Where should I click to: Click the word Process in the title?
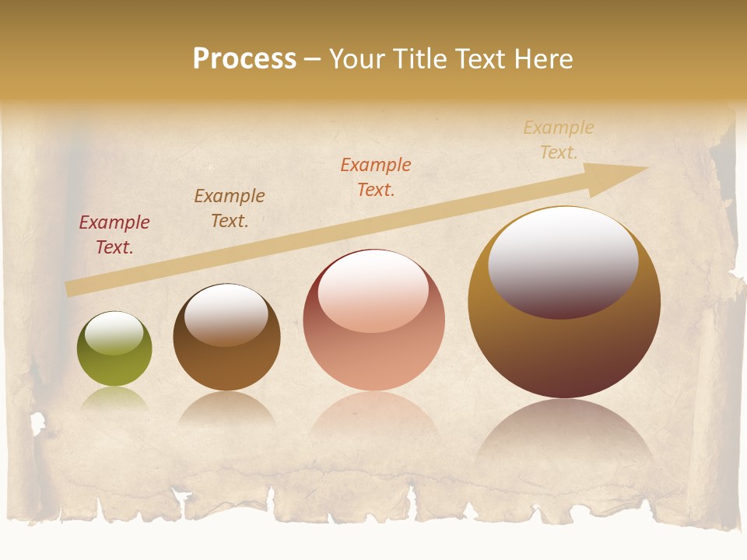[244, 59]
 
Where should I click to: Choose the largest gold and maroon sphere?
[564, 342]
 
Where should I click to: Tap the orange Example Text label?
[376, 177]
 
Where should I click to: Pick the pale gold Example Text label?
[559, 140]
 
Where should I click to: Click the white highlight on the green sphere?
[114, 333]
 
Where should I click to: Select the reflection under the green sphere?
[114, 398]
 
